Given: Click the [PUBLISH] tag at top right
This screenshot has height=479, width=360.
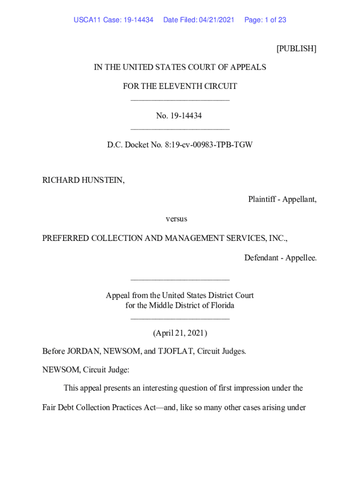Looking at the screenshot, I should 296,49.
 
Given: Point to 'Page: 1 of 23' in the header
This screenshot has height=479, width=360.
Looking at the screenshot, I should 265,20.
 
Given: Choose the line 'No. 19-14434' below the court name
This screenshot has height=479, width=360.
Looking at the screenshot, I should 180,116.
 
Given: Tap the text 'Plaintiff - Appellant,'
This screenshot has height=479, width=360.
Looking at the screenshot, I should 282,199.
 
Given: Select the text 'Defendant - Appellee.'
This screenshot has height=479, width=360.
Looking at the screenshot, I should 280,257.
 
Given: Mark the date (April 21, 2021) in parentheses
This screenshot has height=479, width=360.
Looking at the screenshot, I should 180,334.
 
